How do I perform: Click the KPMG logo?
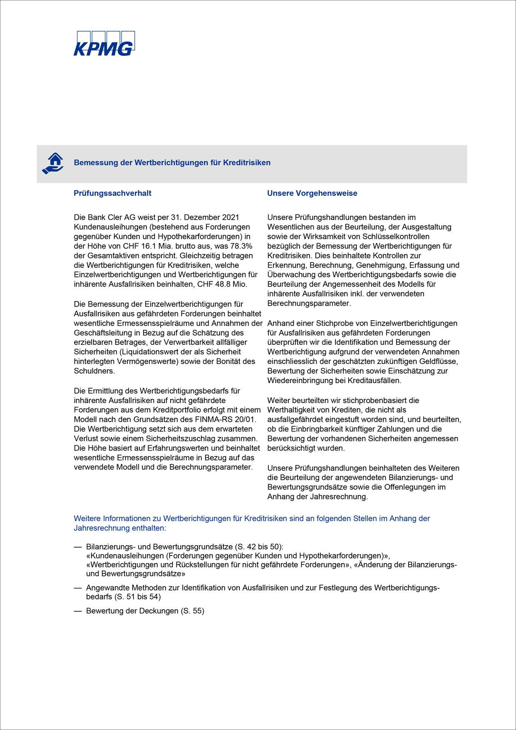pyautogui.click(x=104, y=44)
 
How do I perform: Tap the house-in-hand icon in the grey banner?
pyautogui.click(x=53, y=163)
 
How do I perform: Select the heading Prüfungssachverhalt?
pyautogui.click(x=112, y=193)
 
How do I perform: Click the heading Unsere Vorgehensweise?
pyautogui.click(x=312, y=193)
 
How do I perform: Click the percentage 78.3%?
pyautogui.click(x=241, y=246)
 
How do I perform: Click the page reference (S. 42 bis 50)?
pyautogui.click(x=259, y=547)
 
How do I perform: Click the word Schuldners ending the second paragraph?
pyautogui.click(x=94, y=371)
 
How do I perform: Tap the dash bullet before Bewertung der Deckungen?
pyautogui.click(x=78, y=611)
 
